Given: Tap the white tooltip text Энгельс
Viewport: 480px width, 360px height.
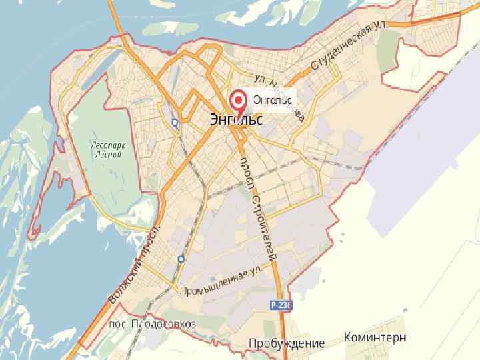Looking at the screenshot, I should coord(273,100).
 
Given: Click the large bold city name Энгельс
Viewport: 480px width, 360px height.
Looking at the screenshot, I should coord(235,120).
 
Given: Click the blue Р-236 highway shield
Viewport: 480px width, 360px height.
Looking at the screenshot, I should coord(281,304).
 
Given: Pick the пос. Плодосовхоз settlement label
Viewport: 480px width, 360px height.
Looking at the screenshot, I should coord(152,324).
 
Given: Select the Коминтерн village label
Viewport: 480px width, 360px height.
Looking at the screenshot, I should coord(375,337).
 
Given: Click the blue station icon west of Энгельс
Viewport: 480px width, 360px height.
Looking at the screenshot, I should coord(174,122).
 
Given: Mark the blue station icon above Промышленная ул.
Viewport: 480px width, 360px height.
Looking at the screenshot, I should coord(181,258).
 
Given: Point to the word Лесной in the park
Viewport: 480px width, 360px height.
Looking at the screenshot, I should coord(107,155).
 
